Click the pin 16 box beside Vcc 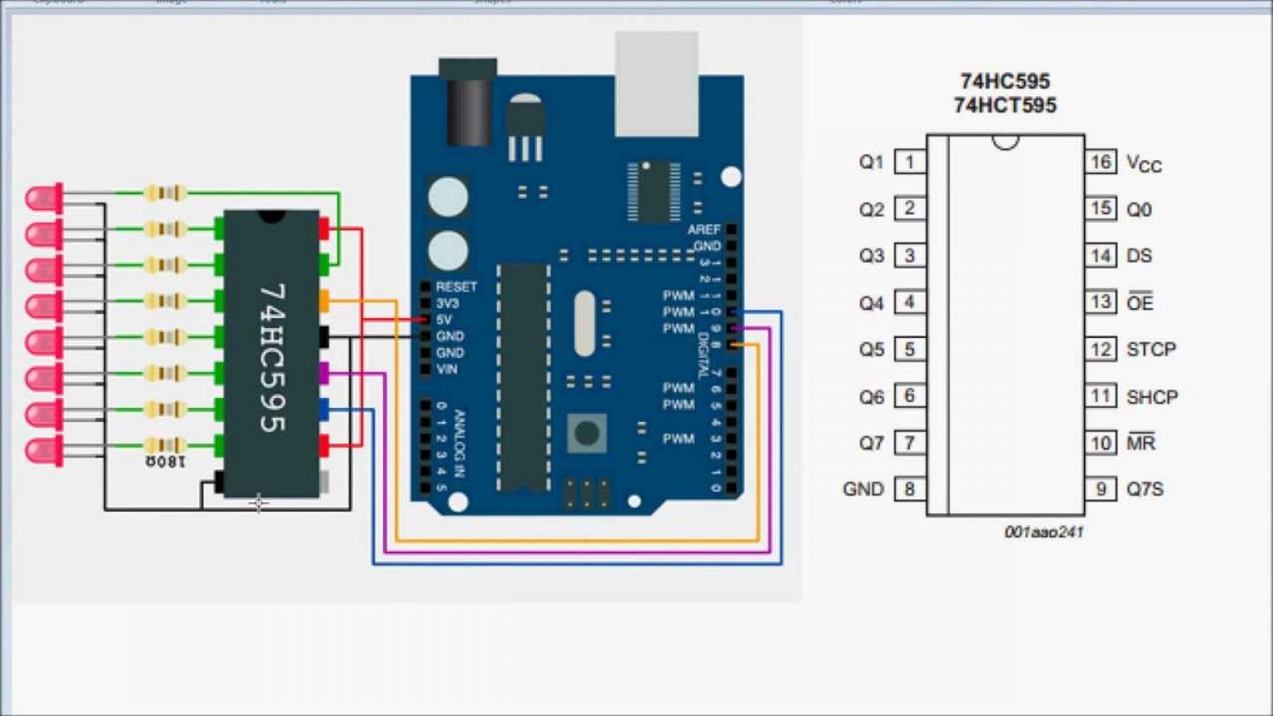[1100, 162]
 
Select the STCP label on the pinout [1150, 350]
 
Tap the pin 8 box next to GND [909, 489]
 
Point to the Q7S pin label [1145, 489]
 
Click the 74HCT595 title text [1004, 105]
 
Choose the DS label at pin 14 [1139, 256]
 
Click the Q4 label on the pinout [871, 303]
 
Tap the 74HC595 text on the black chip [272, 357]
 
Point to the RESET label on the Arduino [456, 287]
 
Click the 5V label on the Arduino [444, 320]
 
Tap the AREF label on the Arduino [704, 230]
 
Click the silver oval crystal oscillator [585, 323]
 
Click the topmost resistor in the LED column [165, 193]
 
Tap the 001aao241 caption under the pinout [1043, 532]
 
